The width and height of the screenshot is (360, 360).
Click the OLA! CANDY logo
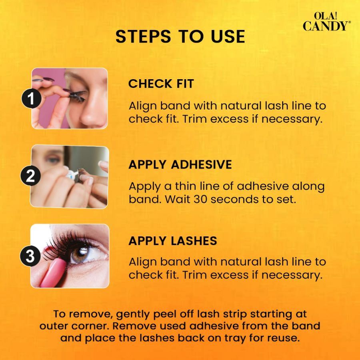pos(327,21)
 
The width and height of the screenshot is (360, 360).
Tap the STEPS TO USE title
pos(180,36)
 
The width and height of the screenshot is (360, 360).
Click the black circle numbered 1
pos(32,99)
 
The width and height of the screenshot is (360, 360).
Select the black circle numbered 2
pos(30,176)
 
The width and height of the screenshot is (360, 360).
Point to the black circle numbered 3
pos(30,256)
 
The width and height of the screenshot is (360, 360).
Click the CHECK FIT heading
pos(161,84)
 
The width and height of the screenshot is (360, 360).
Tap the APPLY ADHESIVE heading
pos(180,165)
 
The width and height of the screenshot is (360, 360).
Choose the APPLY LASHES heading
pos(173,241)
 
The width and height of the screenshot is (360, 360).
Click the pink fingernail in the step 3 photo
pos(53,273)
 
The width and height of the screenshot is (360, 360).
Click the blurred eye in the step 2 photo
pos(53,158)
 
